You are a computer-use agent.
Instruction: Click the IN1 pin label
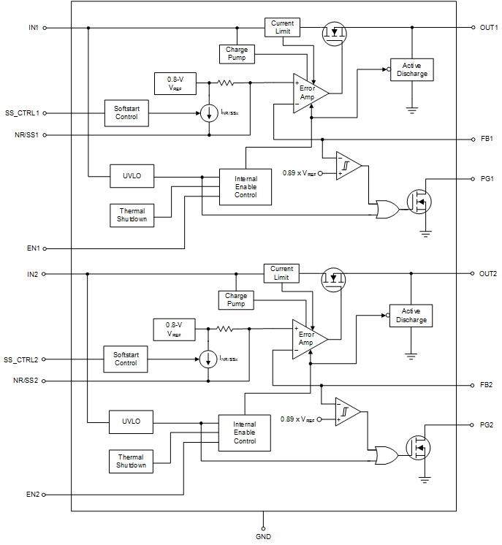tap(33, 28)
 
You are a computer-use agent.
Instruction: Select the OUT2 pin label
tap(488, 274)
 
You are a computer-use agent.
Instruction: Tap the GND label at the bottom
tap(264, 537)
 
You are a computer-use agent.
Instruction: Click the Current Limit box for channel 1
tap(282, 28)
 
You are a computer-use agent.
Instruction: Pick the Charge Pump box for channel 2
tap(236, 300)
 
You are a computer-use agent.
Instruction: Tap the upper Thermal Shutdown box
tap(132, 216)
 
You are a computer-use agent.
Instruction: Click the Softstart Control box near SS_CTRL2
tap(126, 358)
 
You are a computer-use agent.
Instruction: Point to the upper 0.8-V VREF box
tap(174, 83)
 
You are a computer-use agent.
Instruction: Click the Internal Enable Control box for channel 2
tap(245, 432)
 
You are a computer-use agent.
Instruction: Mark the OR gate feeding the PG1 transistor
tap(385, 210)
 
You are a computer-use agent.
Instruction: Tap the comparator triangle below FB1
tap(349, 166)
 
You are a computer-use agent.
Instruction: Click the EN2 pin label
tap(32, 495)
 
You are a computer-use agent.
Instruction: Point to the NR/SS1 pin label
tap(26, 135)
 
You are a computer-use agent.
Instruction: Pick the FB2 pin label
tap(487, 384)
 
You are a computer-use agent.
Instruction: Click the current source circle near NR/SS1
tap(209, 113)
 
